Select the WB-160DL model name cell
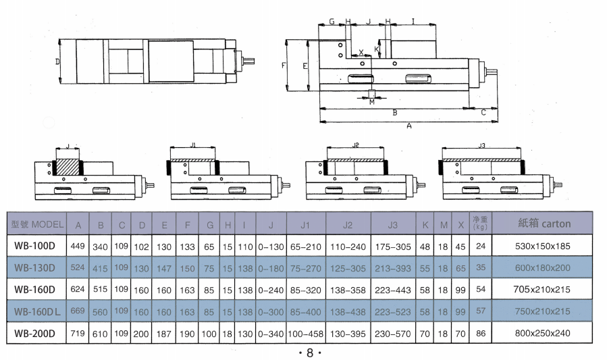click(x=38, y=311)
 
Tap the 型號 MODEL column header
click(x=38, y=224)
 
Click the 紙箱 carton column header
click(x=544, y=224)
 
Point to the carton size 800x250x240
click(x=544, y=334)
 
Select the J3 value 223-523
click(x=392, y=311)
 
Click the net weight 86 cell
click(x=480, y=334)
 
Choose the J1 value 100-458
click(x=305, y=334)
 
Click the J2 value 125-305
click(x=348, y=268)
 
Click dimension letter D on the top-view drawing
click(x=58, y=61)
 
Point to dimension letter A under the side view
click(x=408, y=126)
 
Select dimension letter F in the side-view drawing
click(x=284, y=66)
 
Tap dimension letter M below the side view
click(x=371, y=102)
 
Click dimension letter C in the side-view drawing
click(x=483, y=112)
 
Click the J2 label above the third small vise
click(x=356, y=145)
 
